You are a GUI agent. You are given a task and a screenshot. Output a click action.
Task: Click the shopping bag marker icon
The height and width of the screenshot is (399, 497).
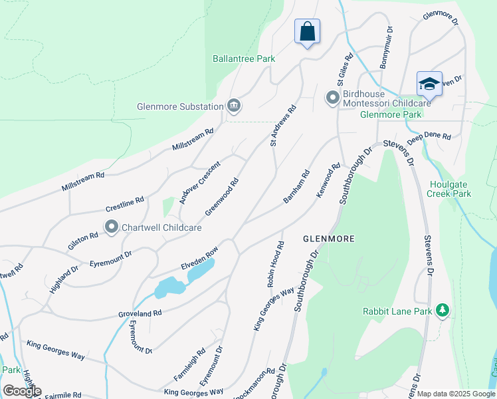[x=307, y=31]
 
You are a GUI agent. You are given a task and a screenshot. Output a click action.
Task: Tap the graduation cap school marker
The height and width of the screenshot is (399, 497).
[x=429, y=84]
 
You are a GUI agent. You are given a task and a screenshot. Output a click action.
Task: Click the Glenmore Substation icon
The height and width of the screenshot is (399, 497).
[x=233, y=106]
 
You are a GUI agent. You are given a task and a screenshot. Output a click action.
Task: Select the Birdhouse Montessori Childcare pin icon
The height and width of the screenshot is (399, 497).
[x=333, y=98]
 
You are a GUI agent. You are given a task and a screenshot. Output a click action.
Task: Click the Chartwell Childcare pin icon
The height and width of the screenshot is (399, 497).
[x=111, y=227]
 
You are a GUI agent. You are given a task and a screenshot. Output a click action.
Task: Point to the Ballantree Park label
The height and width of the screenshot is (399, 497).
[x=244, y=59]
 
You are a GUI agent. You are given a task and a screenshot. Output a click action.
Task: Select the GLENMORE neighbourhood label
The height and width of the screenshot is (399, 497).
[x=328, y=238]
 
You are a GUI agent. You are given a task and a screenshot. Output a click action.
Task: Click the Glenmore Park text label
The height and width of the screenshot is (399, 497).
[x=391, y=114]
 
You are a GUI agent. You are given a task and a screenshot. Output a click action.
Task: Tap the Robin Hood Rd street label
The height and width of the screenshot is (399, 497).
[x=276, y=263]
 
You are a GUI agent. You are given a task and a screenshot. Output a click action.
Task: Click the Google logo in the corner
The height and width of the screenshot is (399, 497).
[x=22, y=391]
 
